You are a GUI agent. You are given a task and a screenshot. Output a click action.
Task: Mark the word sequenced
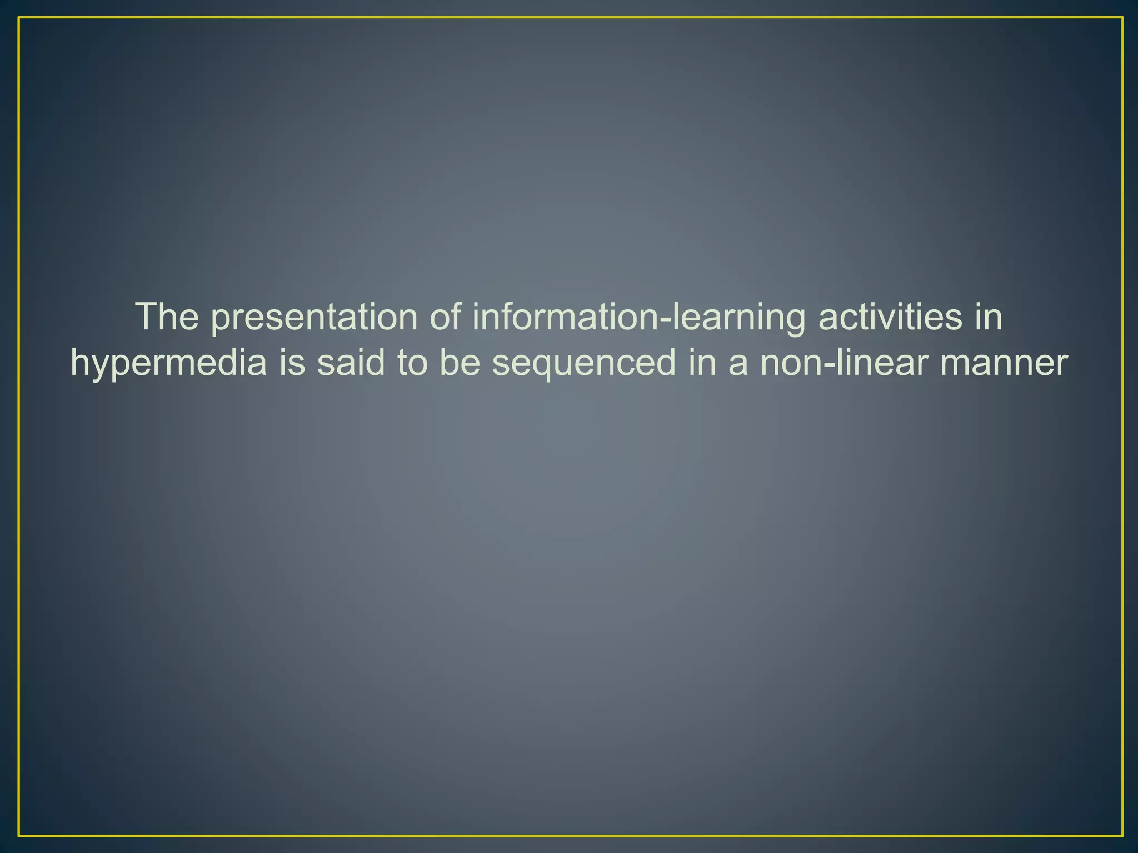[584, 364]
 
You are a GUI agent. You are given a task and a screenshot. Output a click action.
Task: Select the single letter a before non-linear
[738, 364]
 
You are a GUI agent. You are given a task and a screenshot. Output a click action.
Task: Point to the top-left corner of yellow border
[19, 18]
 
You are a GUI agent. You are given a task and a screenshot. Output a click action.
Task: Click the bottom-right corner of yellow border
[1122, 835]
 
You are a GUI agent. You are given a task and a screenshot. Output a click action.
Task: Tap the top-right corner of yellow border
[1122, 18]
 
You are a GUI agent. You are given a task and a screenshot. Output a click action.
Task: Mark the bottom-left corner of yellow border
[19, 835]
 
